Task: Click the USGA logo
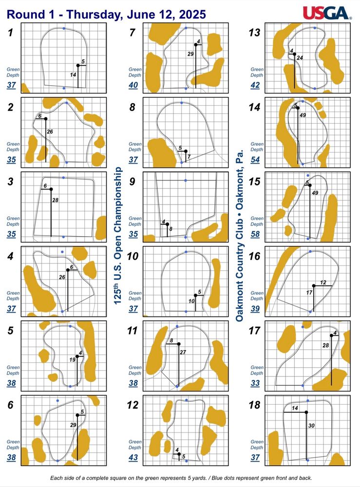(327, 13)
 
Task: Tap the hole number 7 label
(133, 32)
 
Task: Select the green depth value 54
(255, 160)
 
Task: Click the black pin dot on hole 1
(78, 65)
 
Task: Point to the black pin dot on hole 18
(306, 412)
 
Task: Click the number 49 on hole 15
(315, 193)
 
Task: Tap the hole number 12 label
(133, 405)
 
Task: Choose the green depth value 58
(255, 234)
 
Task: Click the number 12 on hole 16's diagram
(323, 282)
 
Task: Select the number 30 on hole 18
(311, 426)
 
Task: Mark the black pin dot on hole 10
(195, 296)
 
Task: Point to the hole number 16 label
(254, 256)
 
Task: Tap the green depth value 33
(255, 383)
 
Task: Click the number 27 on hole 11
(183, 352)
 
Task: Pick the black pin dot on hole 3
(51, 189)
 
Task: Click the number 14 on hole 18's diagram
(295, 408)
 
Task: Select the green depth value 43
(133, 457)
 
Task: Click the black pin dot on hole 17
(331, 336)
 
